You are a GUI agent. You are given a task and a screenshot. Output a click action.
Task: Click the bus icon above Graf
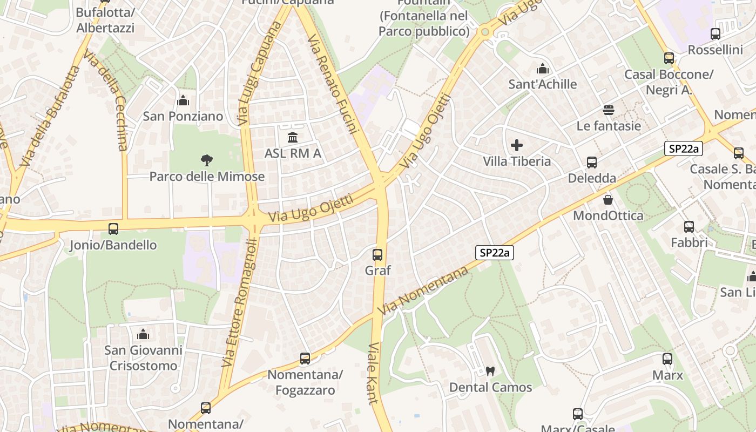pyautogui.click(x=377, y=254)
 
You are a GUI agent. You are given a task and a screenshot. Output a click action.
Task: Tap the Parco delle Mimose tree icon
pyautogui.click(x=206, y=160)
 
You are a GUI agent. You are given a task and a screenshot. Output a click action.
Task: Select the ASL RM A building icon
pyautogui.click(x=293, y=137)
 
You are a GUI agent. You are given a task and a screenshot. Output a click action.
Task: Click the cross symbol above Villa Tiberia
pyautogui.click(x=517, y=145)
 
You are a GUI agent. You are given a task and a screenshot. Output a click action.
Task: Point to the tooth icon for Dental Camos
pyautogui.click(x=490, y=371)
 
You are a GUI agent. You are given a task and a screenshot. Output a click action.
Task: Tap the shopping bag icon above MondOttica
pyautogui.click(x=608, y=200)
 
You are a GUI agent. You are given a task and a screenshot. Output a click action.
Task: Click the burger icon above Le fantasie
pyautogui.click(x=609, y=110)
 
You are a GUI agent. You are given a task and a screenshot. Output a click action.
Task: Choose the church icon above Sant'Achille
pyautogui.click(x=543, y=69)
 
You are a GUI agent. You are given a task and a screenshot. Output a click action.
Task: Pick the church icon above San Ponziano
pyautogui.click(x=183, y=100)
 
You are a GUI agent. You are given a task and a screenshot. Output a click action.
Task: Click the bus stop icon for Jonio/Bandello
pyautogui.click(x=113, y=228)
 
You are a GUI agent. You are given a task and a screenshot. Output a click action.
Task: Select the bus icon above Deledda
pyautogui.click(x=592, y=162)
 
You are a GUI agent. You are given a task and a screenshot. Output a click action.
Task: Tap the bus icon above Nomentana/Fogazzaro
pyautogui.click(x=305, y=358)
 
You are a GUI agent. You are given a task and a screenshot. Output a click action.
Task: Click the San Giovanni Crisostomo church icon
pyautogui.click(x=143, y=334)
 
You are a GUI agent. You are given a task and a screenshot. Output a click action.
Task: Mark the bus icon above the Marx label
pyautogui.click(x=667, y=359)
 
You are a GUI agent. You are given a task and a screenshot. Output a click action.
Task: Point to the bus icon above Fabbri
pyautogui.click(x=689, y=227)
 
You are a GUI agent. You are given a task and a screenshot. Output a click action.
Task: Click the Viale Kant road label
pyautogui.click(x=373, y=373)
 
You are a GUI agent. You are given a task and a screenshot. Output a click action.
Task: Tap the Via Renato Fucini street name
pyautogui.click(x=333, y=84)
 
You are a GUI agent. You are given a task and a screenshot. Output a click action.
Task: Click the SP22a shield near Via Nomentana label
pyautogui.click(x=494, y=252)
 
